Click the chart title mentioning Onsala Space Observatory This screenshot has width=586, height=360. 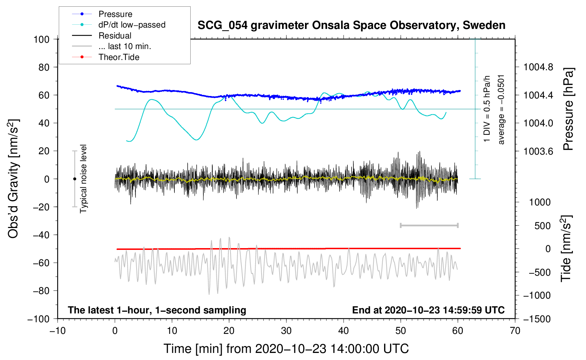coord(351,25)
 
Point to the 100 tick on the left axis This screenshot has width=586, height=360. coord(41,40)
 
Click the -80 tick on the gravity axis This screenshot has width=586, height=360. coord(41,291)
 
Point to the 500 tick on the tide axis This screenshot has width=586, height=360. coord(542,226)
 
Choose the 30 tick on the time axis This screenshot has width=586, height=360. coord(286,331)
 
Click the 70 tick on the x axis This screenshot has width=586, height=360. coord(515,331)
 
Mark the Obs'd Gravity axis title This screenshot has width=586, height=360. coord(13,179)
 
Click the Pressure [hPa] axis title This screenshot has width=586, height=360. coord(568,109)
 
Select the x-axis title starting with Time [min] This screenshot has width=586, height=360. coord(286,349)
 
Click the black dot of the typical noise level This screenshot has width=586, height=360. coord(74,179)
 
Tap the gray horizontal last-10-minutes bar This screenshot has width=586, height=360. coord(429,225)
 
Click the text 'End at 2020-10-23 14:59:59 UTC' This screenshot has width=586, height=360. coord(428,310)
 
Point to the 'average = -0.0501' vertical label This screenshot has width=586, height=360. coord(501,110)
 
